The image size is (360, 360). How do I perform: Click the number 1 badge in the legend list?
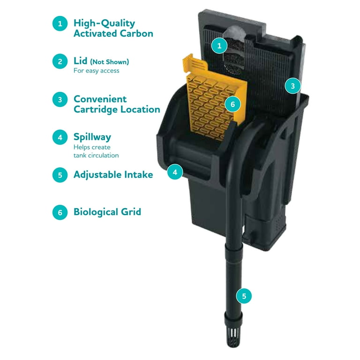[x=60, y=23]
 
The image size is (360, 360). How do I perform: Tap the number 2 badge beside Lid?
[x=60, y=61]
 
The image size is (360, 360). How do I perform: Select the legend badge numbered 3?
[x=60, y=99]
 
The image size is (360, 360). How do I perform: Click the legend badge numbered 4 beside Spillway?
[x=60, y=137]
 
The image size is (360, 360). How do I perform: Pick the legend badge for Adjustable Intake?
[x=60, y=175]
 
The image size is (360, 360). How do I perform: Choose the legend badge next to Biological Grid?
[x=60, y=212]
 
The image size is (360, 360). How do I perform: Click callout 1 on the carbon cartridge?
[x=219, y=45]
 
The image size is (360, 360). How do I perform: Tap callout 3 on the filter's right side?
[x=292, y=86]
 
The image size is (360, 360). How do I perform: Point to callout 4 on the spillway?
[x=175, y=172]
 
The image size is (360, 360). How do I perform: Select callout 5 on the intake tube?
[x=244, y=296]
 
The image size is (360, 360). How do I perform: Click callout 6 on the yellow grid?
[x=232, y=104]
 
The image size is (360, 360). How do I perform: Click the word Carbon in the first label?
[x=136, y=34]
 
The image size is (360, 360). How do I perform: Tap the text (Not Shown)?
[x=110, y=62]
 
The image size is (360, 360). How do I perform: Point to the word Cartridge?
[x=96, y=110]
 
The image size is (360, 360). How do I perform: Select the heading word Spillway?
[x=92, y=137]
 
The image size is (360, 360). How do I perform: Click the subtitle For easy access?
[x=97, y=71]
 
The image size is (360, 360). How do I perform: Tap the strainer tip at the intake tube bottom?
[x=233, y=337]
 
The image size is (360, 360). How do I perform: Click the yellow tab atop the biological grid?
[x=195, y=63]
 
